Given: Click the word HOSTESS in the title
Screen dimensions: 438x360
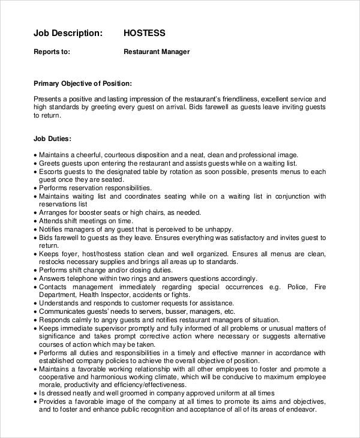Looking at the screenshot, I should [144, 33].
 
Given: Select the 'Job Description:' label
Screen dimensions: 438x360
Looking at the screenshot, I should [68, 33].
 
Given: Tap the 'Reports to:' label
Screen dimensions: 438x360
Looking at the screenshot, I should [52, 52].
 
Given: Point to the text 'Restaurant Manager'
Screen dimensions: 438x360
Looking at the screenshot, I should [157, 52].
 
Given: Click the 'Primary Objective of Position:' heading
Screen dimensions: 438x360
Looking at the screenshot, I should [83, 83].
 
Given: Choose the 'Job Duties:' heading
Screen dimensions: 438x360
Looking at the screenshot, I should [53, 138].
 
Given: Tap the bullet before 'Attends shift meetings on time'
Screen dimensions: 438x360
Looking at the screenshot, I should [35, 221].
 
